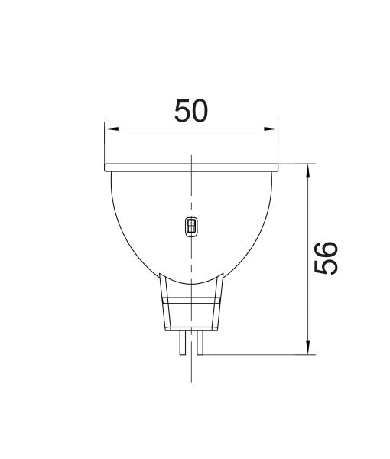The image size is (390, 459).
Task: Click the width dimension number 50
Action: coord(191,112)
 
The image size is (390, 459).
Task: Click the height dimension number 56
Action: coord(327,259)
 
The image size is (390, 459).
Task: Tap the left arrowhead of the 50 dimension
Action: coord(108,129)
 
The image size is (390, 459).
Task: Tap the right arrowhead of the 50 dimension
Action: coord(275,129)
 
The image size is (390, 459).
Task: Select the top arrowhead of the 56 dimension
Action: coord(307,168)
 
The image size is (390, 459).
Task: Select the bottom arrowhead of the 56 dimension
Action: coord(307,350)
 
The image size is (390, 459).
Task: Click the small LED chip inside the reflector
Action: coord(191,226)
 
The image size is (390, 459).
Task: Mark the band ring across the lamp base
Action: coord(191,303)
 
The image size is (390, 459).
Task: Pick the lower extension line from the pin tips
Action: coord(260,355)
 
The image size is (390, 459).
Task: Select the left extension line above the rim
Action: coord(104,145)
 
